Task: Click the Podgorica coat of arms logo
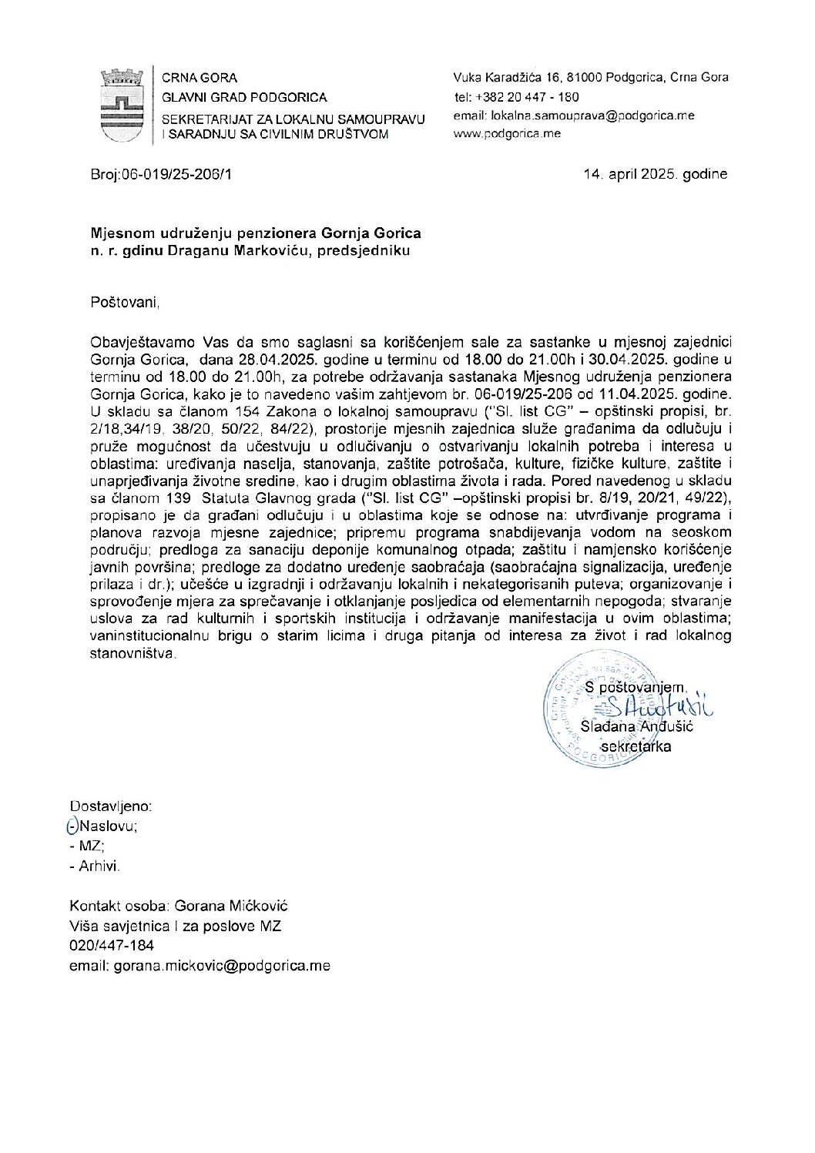click(x=122, y=105)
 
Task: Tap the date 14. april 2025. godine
click(x=656, y=174)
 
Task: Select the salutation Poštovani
click(x=125, y=303)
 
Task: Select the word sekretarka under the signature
click(x=636, y=746)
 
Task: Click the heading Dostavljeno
click(x=111, y=806)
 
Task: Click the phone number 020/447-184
click(x=112, y=946)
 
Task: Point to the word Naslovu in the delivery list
click(x=108, y=826)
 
